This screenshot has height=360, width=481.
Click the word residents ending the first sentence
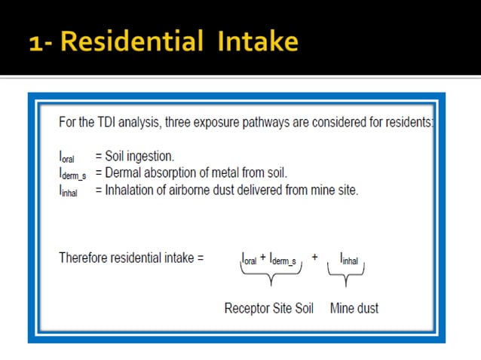click(408, 121)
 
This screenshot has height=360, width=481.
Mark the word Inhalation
click(128, 191)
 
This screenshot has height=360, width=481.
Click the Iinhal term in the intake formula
click(348, 259)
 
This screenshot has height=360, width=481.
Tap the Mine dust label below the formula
click(354, 308)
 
